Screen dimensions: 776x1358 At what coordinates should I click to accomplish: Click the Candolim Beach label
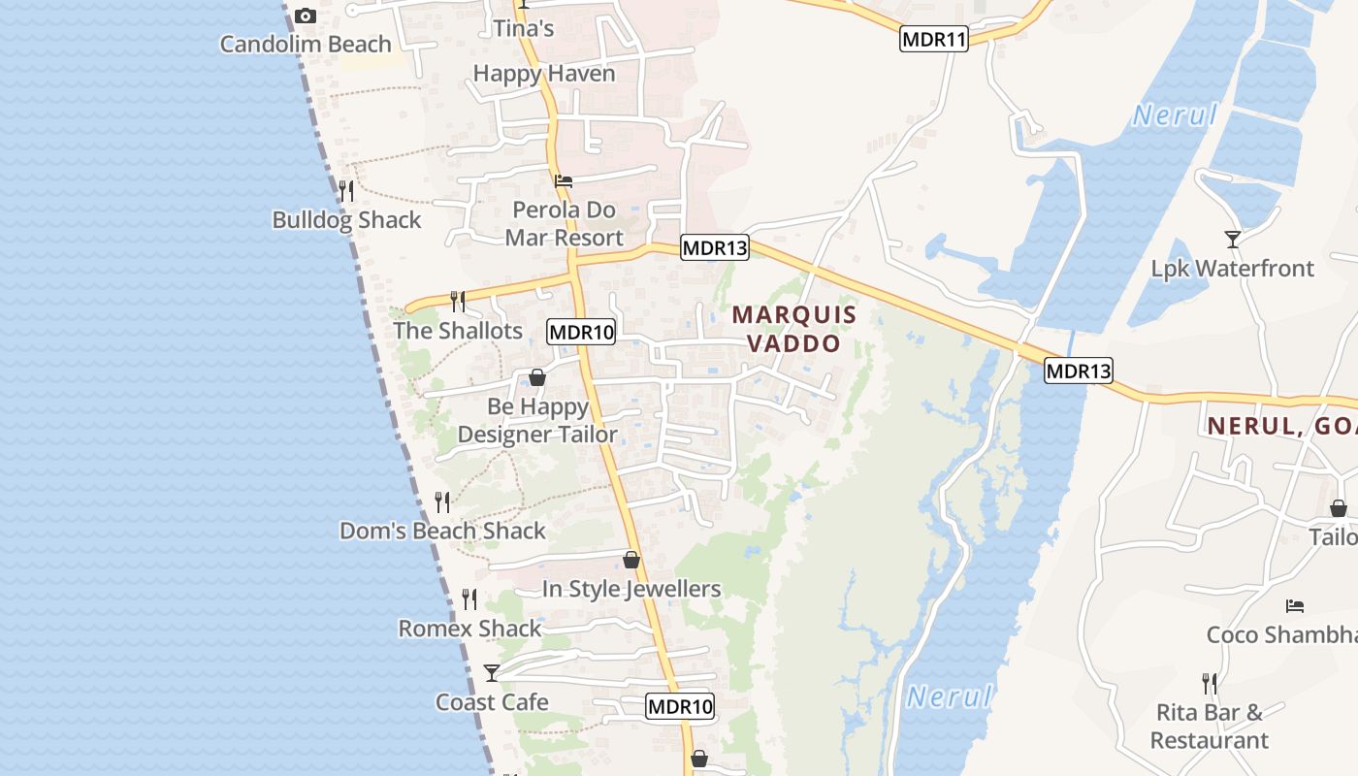click(306, 44)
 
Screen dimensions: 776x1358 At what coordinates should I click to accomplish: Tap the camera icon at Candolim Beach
click(306, 16)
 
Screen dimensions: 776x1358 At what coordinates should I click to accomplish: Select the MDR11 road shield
click(934, 40)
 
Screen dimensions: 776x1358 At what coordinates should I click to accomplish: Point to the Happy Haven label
click(544, 73)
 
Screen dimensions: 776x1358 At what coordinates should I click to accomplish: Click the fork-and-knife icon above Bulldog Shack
click(346, 190)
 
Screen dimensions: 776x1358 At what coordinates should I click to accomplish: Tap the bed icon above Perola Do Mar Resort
click(564, 180)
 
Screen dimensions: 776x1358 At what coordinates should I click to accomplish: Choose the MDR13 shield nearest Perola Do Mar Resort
click(715, 247)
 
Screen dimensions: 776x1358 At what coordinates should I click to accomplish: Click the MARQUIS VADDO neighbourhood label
click(794, 329)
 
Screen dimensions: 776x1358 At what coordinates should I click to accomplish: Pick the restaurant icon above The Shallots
click(458, 301)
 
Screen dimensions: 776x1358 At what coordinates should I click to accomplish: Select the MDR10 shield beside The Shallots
click(581, 333)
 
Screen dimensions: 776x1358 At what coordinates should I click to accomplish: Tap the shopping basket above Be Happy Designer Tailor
click(537, 377)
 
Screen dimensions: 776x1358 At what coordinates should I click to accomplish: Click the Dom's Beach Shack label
click(442, 531)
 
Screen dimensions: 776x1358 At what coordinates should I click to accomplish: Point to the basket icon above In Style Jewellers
click(631, 560)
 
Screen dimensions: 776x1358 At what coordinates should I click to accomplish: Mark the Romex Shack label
click(469, 629)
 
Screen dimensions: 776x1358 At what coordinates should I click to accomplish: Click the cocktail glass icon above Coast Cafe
click(492, 672)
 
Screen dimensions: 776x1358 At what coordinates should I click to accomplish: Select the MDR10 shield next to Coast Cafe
click(680, 707)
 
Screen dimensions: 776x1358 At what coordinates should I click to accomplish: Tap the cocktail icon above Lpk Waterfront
click(1232, 239)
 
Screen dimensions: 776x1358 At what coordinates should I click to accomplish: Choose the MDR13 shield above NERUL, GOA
click(1078, 371)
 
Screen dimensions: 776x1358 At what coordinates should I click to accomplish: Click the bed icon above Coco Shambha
click(1294, 606)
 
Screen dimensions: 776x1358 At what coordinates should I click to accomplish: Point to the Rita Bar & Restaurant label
click(1210, 727)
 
